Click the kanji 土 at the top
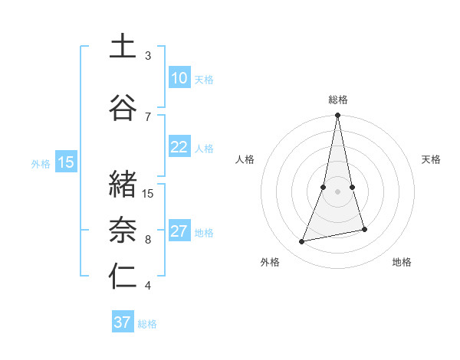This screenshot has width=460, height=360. [x=123, y=47]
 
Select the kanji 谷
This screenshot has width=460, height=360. [x=123, y=107]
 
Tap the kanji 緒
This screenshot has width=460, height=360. [x=123, y=185]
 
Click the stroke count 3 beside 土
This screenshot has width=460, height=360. [x=148, y=56]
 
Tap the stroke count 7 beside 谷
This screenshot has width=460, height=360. [x=148, y=116]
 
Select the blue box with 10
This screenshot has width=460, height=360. [x=179, y=78]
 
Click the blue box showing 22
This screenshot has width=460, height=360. [x=179, y=147]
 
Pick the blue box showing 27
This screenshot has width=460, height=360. [x=179, y=231]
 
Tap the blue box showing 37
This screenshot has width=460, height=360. [x=122, y=322]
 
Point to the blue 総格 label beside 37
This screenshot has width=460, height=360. [x=147, y=323]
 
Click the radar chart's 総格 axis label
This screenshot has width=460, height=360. [x=338, y=100]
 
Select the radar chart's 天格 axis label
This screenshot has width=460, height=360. [x=431, y=159]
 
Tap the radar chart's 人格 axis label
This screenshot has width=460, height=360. [x=245, y=159]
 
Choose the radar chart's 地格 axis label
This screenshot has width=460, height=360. [x=402, y=262]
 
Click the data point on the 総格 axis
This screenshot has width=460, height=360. [x=338, y=115]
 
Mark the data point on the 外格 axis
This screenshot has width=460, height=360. [x=302, y=242]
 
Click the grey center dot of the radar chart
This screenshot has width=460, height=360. [x=338, y=191]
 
